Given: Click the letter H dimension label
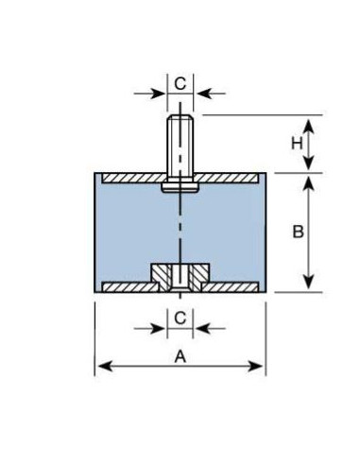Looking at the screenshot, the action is point(297,144).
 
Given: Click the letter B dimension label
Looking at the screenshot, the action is point(298,232).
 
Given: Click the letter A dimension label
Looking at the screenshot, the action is point(180,357).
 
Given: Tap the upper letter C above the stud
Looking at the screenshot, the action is point(180,84).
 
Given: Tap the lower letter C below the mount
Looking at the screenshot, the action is point(180,319).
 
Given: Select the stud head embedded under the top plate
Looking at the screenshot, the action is point(180,187).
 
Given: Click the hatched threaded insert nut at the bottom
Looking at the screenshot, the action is point(180,277).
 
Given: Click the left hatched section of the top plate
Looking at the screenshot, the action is point(135,178).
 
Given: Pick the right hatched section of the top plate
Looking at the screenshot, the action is point(226,178).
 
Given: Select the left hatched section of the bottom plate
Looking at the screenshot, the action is point(130,286).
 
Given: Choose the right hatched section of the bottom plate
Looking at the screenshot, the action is point(231,286).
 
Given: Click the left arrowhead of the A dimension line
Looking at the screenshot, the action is point(105,367).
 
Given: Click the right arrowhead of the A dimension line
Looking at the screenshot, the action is point(255,367).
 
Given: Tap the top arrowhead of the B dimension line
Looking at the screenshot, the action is point(309,183).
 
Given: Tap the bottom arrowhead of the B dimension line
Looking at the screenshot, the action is point(309,282).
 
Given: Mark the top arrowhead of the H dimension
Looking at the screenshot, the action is point(309,126).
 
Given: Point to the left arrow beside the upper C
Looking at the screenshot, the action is point(149,94).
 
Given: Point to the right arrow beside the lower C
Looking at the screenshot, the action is point(210,329).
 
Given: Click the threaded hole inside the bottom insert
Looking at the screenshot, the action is point(180,278).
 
